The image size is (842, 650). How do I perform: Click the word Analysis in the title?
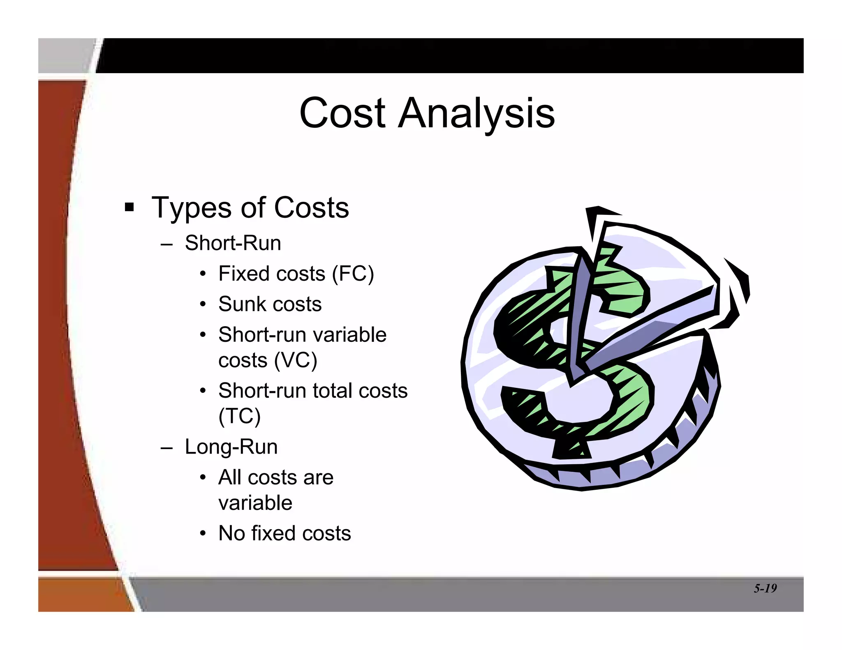[477, 113]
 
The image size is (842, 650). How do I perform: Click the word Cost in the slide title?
[342, 113]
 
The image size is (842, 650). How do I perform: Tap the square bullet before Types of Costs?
[130, 207]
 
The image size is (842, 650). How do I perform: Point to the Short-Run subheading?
[233, 243]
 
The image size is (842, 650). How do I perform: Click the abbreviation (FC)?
[353, 274]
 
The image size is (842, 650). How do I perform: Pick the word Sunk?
[243, 304]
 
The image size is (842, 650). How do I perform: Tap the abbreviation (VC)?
[296, 360]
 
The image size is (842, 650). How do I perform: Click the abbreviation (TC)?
[239, 416]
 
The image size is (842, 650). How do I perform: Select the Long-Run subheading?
[231, 447]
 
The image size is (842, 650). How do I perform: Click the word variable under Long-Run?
[255, 503]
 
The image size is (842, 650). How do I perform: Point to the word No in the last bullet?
[231, 533]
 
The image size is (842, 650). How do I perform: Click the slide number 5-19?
[765, 588]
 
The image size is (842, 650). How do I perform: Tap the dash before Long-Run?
[167, 447]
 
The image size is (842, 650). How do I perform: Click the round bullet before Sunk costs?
[203, 304]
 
